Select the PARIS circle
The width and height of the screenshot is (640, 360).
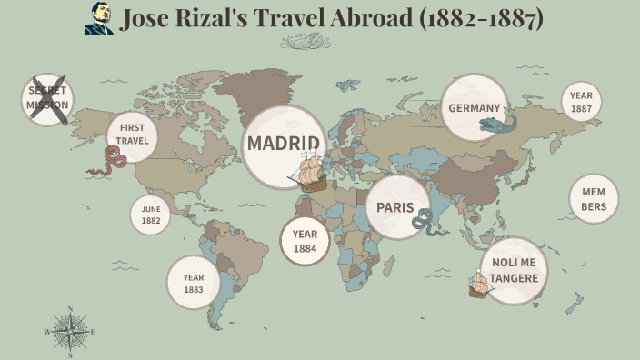[396, 207]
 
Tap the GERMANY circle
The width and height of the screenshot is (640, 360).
[474, 107]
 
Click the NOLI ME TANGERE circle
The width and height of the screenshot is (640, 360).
[515, 270]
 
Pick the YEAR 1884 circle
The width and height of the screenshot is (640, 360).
[305, 241]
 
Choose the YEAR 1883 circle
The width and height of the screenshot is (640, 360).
[194, 283]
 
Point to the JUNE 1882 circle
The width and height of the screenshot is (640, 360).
[150, 215]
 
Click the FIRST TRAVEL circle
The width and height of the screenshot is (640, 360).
[133, 135]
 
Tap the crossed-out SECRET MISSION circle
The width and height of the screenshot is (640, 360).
[47, 98]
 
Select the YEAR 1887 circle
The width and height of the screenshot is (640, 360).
[582, 102]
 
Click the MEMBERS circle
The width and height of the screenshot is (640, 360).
[594, 199]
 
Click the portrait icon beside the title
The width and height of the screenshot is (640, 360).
[99, 18]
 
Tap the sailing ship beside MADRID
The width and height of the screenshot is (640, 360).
[309, 172]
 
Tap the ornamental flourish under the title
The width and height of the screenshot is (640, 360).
[305, 41]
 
